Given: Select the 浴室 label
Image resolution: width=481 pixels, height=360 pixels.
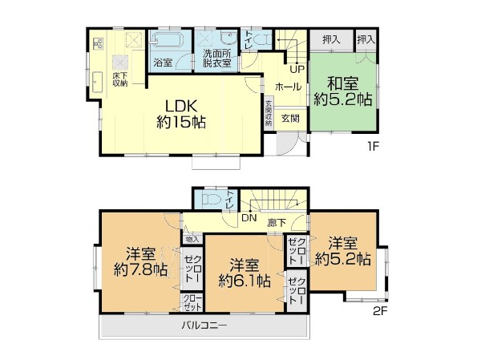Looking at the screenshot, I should [162, 61].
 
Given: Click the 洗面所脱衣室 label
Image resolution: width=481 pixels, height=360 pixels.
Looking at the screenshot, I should [216, 57].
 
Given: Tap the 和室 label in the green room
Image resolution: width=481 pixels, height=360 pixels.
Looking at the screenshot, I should [341, 81].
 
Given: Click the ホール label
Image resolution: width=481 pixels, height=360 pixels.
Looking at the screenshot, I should [289, 86].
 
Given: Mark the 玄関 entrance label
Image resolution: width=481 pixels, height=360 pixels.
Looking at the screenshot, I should [289, 118].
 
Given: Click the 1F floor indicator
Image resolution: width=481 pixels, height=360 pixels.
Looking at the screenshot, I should [373, 147].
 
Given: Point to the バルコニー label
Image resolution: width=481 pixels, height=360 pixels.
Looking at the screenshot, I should [204, 326].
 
